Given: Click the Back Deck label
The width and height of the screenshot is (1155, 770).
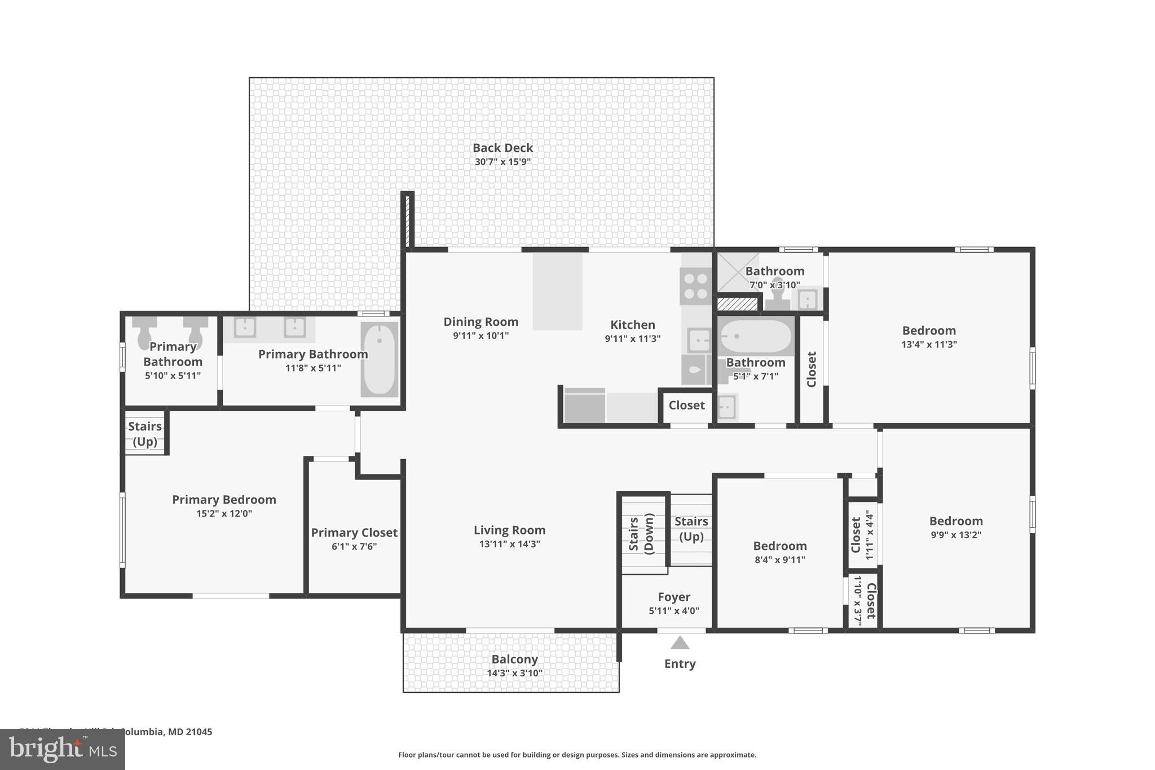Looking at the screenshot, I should pyautogui.click(x=502, y=148).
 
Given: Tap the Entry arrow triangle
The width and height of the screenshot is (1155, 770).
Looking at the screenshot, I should pyautogui.click(x=680, y=643).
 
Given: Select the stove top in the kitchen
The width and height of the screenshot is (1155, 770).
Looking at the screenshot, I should pyautogui.click(x=695, y=286).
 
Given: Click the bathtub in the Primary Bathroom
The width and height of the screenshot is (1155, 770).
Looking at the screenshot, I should pyautogui.click(x=379, y=359).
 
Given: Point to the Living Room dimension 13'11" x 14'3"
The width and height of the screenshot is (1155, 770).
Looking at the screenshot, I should pyautogui.click(x=509, y=544).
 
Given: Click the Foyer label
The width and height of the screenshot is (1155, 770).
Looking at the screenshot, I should pyautogui.click(x=674, y=597).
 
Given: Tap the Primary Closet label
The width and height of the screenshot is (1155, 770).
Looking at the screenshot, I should pyautogui.click(x=354, y=533).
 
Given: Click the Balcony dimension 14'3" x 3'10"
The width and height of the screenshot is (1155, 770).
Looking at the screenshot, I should pyautogui.click(x=514, y=673).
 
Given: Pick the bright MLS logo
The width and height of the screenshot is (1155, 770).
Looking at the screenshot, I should pyautogui.click(x=62, y=749).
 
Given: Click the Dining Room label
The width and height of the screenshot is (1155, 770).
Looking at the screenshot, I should pyautogui.click(x=480, y=322).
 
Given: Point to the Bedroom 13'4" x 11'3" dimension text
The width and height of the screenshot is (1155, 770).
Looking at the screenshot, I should pyautogui.click(x=929, y=345).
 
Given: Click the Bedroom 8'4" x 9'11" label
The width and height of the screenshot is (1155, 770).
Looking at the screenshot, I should pyautogui.click(x=780, y=546).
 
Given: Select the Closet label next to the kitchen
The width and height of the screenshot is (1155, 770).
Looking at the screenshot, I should pyautogui.click(x=686, y=406).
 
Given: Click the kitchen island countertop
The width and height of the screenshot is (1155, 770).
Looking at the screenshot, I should pyautogui.click(x=557, y=291).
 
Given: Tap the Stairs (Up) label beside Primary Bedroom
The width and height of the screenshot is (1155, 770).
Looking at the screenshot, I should pyautogui.click(x=145, y=434).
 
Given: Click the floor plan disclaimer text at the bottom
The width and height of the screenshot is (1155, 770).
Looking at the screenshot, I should pyautogui.click(x=577, y=755).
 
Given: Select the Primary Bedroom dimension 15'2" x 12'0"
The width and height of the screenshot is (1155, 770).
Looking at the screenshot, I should pyautogui.click(x=224, y=514).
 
